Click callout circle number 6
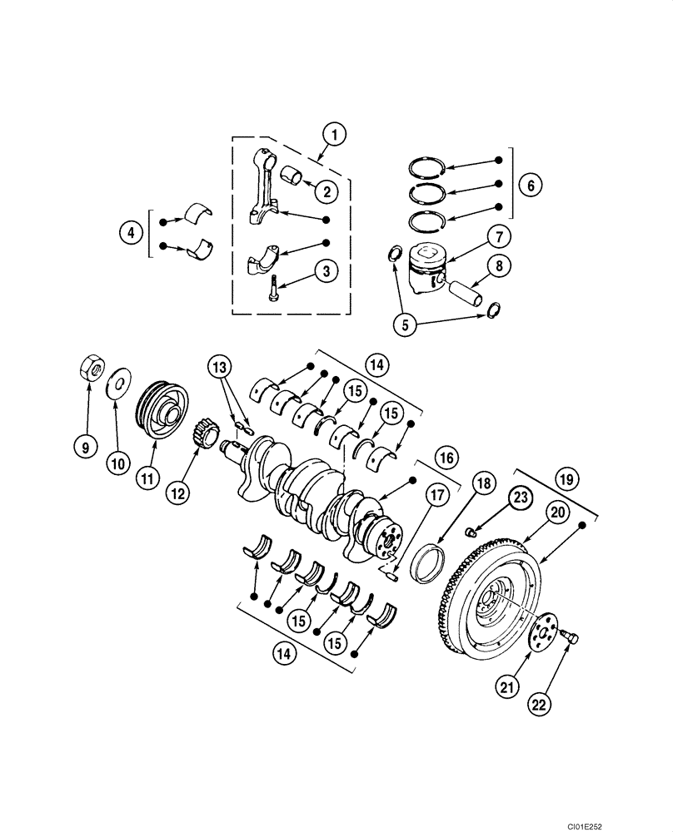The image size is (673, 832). coord(531,185)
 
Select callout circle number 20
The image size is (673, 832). coord(554,515)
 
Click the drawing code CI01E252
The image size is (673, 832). coord(638,823)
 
